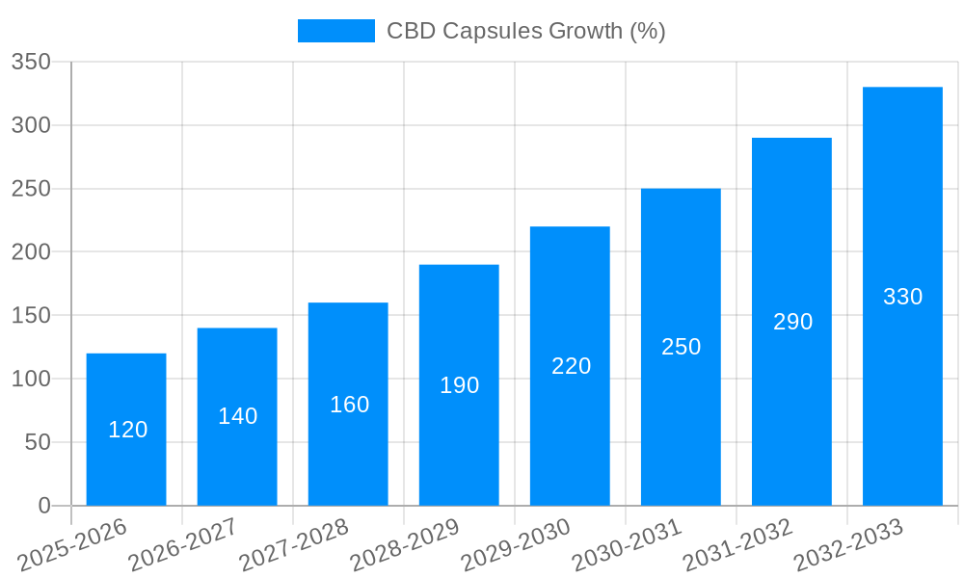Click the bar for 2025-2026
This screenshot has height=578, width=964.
click(x=126, y=430)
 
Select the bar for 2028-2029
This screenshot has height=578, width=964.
click(x=459, y=385)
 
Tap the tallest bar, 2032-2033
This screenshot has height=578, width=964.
click(x=902, y=297)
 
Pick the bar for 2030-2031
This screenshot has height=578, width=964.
click(x=681, y=347)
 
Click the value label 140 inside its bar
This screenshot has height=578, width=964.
click(x=237, y=416)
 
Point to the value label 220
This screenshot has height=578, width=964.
click(x=571, y=366)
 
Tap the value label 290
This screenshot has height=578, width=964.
click(x=792, y=322)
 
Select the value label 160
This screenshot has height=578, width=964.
click(x=349, y=405)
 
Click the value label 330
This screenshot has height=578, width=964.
click(x=902, y=297)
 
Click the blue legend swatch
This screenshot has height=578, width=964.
click(x=335, y=31)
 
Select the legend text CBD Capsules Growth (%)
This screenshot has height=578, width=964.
click(x=525, y=31)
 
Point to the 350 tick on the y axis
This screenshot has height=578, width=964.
click(x=31, y=63)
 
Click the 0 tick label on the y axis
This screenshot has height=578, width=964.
click(x=44, y=506)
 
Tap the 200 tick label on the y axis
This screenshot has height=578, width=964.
click(x=31, y=252)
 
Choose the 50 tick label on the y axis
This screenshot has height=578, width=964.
click(x=38, y=442)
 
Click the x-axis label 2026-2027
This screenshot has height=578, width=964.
click(x=183, y=545)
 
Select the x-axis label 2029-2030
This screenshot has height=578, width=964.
click(x=516, y=545)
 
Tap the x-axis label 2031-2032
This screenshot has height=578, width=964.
click(x=737, y=545)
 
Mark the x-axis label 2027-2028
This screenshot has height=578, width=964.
click(x=294, y=545)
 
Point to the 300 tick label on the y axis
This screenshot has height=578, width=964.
click(x=31, y=125)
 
